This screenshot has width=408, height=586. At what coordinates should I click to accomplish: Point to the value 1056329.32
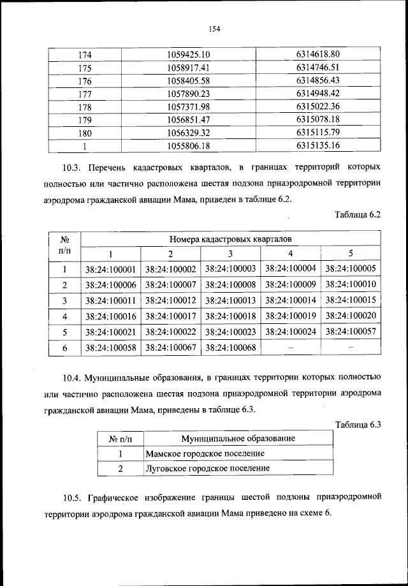[188, 133]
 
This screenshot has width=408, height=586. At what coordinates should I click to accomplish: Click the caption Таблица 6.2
[357, 215]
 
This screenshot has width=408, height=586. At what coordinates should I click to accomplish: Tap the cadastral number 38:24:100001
[110, 269]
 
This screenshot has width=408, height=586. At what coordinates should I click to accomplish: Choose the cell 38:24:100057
[351, 332]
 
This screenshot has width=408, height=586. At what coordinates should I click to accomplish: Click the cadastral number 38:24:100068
[231, 348]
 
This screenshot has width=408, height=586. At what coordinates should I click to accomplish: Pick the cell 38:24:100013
[231, 300]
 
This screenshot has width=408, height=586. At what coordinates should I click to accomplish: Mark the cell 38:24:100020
[351, 316]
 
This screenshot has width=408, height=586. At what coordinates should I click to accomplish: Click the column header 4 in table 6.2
[291, 254]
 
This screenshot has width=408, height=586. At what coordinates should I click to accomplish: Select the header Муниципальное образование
[238, 439]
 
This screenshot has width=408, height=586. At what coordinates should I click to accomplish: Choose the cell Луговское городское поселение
[207, 468]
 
